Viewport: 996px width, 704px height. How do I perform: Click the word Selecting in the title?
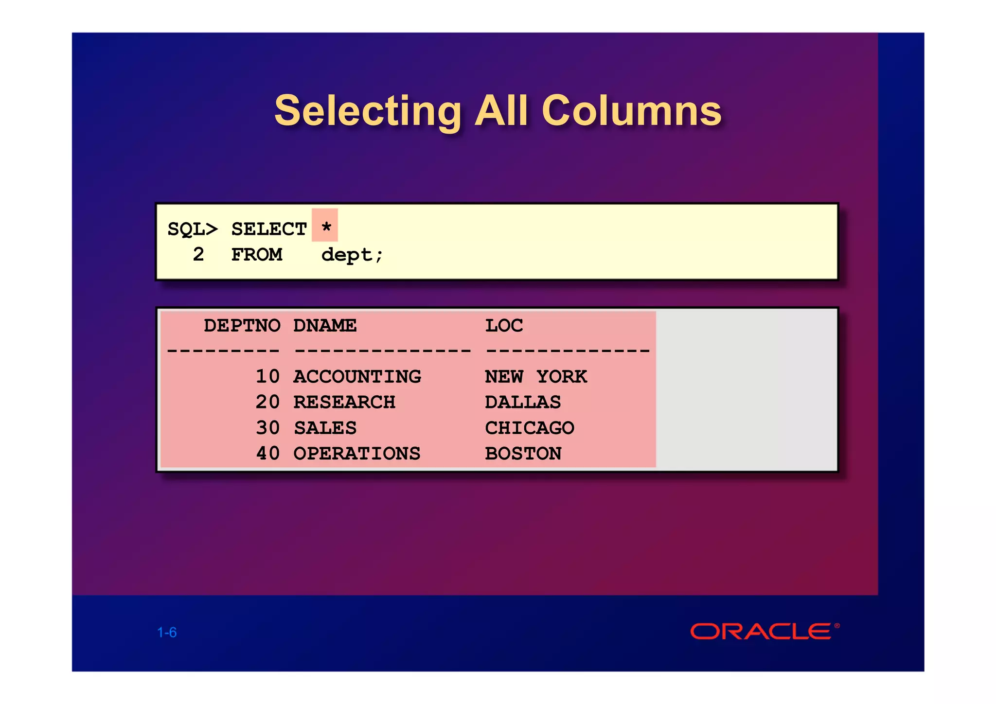click(368, 111)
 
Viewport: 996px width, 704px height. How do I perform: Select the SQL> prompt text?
click(193, 229)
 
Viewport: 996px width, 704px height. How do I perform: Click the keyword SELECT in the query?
click(268, 229)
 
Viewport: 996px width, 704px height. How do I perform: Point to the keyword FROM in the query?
click(256, 255)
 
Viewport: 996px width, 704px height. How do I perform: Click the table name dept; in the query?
click(352, 255)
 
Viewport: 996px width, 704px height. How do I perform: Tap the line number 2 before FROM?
click(198, 254)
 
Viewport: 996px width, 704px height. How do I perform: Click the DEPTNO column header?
click(242, 325)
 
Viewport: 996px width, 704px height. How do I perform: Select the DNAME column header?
click(325, 325)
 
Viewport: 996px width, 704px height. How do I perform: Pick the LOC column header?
click(504, 325)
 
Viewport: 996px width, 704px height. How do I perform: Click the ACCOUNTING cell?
click(357, 377)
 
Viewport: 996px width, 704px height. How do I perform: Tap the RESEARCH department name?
click(344, 403)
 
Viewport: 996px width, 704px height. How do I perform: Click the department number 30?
click(267, 428)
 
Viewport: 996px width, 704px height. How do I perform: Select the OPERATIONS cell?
click(357, 454)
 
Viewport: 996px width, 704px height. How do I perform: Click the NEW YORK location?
click(536, 377)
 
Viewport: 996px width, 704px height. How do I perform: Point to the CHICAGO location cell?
click(530, 428)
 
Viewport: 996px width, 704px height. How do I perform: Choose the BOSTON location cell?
click(523, 454)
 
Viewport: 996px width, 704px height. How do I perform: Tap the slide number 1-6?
click(167, 633)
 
